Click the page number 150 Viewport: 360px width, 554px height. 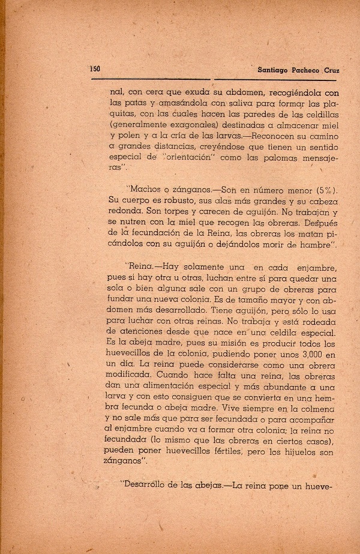pos(94,68)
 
